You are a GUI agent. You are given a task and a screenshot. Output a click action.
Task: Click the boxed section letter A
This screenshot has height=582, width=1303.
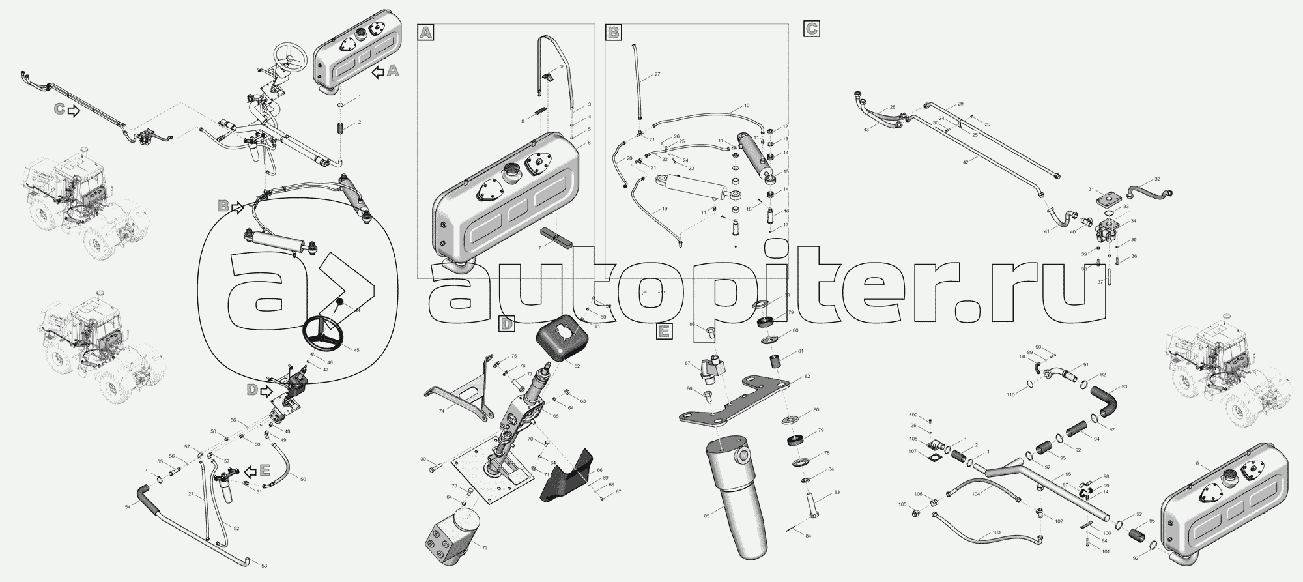coord(425,33)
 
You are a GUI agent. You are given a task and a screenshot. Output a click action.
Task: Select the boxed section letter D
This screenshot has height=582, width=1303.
coord(507,323)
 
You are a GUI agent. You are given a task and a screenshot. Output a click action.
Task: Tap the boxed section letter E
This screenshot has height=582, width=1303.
coord(663,332)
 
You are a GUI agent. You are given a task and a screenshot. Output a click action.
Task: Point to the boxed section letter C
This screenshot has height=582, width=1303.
coord(811,29)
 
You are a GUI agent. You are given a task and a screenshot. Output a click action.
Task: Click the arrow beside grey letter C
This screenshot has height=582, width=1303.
coord(74,111)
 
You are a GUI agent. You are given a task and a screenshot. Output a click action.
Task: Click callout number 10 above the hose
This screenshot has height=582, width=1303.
coord(746,106)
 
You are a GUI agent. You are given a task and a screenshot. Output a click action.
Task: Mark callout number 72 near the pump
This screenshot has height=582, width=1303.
coord(484,548)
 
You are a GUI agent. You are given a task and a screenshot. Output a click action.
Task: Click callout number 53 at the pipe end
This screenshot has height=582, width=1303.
coord(264,566)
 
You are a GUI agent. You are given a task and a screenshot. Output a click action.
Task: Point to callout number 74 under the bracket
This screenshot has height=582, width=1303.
coord(442,411)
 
